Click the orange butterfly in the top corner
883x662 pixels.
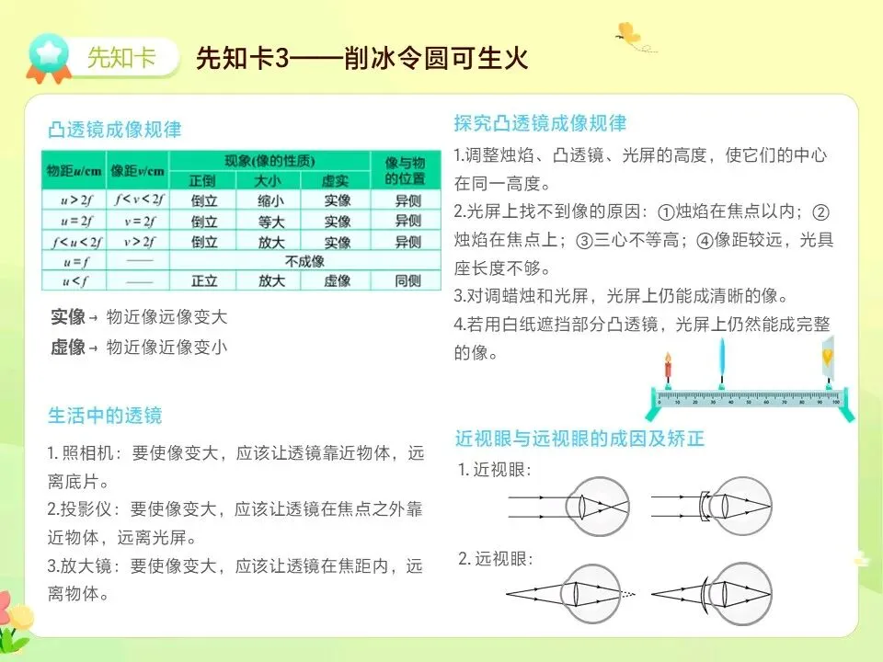coord(628,34)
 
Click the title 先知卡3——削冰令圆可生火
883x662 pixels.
coord(361,59)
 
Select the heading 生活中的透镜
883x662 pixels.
coord(105,416)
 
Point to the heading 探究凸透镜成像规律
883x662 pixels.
coord(540,123)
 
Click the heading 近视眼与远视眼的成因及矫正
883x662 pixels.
coord(579,439)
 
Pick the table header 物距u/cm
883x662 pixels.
coord(75,171)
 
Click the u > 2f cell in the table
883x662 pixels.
coord(75,200)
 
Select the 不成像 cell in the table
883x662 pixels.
coord(304,261)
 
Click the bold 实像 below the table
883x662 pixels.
coord(68,318)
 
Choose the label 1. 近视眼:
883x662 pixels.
coord(495,470)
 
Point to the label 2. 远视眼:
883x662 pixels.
coord(495,558)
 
